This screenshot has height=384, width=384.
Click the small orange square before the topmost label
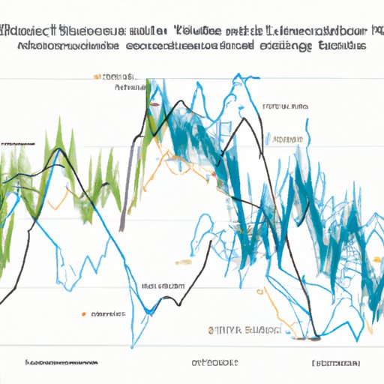[x=97, y=76]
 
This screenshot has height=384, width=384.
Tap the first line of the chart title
[x=192, y=31]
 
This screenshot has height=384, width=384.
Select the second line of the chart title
[x=192, y=45]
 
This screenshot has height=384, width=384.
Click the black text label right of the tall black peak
[x=285, y=107]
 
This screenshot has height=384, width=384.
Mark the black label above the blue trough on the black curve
[x=163, y=286]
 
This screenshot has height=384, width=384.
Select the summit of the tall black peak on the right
[x=241, y=120]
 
